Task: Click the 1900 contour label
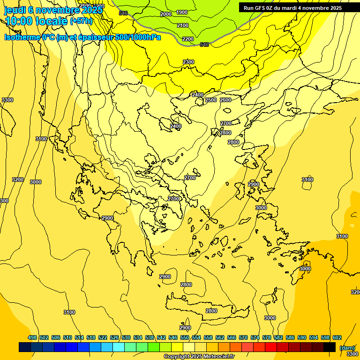tap(182, 12)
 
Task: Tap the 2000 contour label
tap(166, 14)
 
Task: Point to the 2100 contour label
tap(183, 25)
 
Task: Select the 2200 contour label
tap(187, 39)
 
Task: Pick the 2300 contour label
tap(188, 62)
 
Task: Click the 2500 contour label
tap(211, 100)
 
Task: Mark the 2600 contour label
tap(225, 100)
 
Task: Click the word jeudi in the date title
tap(15, 10)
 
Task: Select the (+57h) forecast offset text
tap(81, 21)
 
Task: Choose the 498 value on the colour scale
tap(32, 337)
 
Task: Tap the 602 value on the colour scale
tap(337, 337)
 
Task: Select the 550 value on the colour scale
tap(185, 337)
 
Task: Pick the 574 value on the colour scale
tap(255, 337)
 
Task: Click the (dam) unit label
tap(347, 348)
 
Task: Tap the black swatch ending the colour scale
tap(330, 347)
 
